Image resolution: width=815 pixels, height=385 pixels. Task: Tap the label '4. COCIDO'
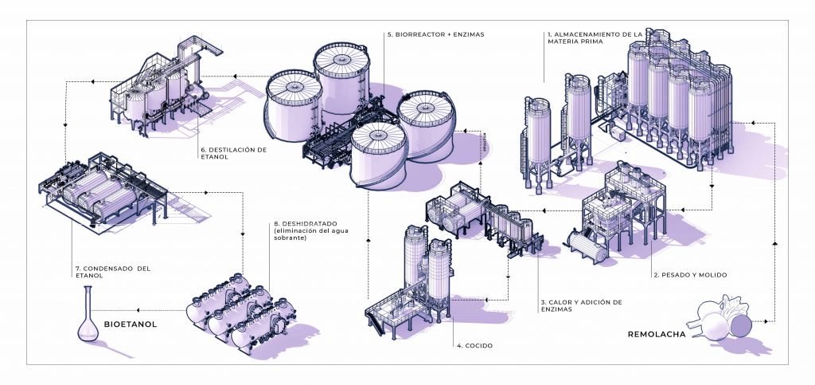(x=474, y=346)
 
